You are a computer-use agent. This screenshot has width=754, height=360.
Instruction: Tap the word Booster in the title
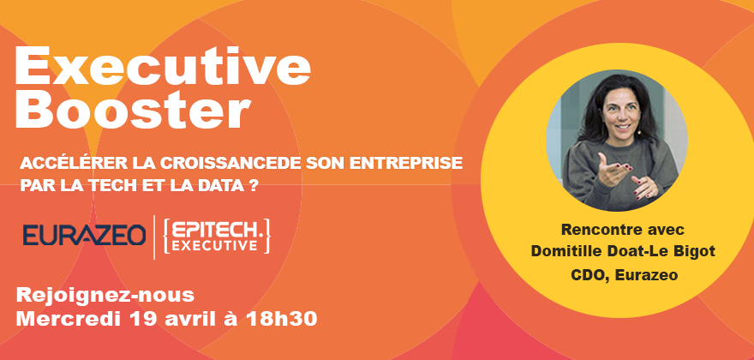[133, 110]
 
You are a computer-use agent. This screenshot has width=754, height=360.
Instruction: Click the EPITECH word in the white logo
[217, 228]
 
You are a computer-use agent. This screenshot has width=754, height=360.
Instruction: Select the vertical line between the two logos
[154, 237]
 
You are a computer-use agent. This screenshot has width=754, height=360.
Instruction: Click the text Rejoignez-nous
[105, 295]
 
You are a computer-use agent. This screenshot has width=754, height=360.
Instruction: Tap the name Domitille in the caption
[559, 252]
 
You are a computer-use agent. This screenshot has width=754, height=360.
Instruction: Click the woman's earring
[640, 131]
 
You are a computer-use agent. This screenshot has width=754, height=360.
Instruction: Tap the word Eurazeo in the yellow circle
[646, 275]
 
